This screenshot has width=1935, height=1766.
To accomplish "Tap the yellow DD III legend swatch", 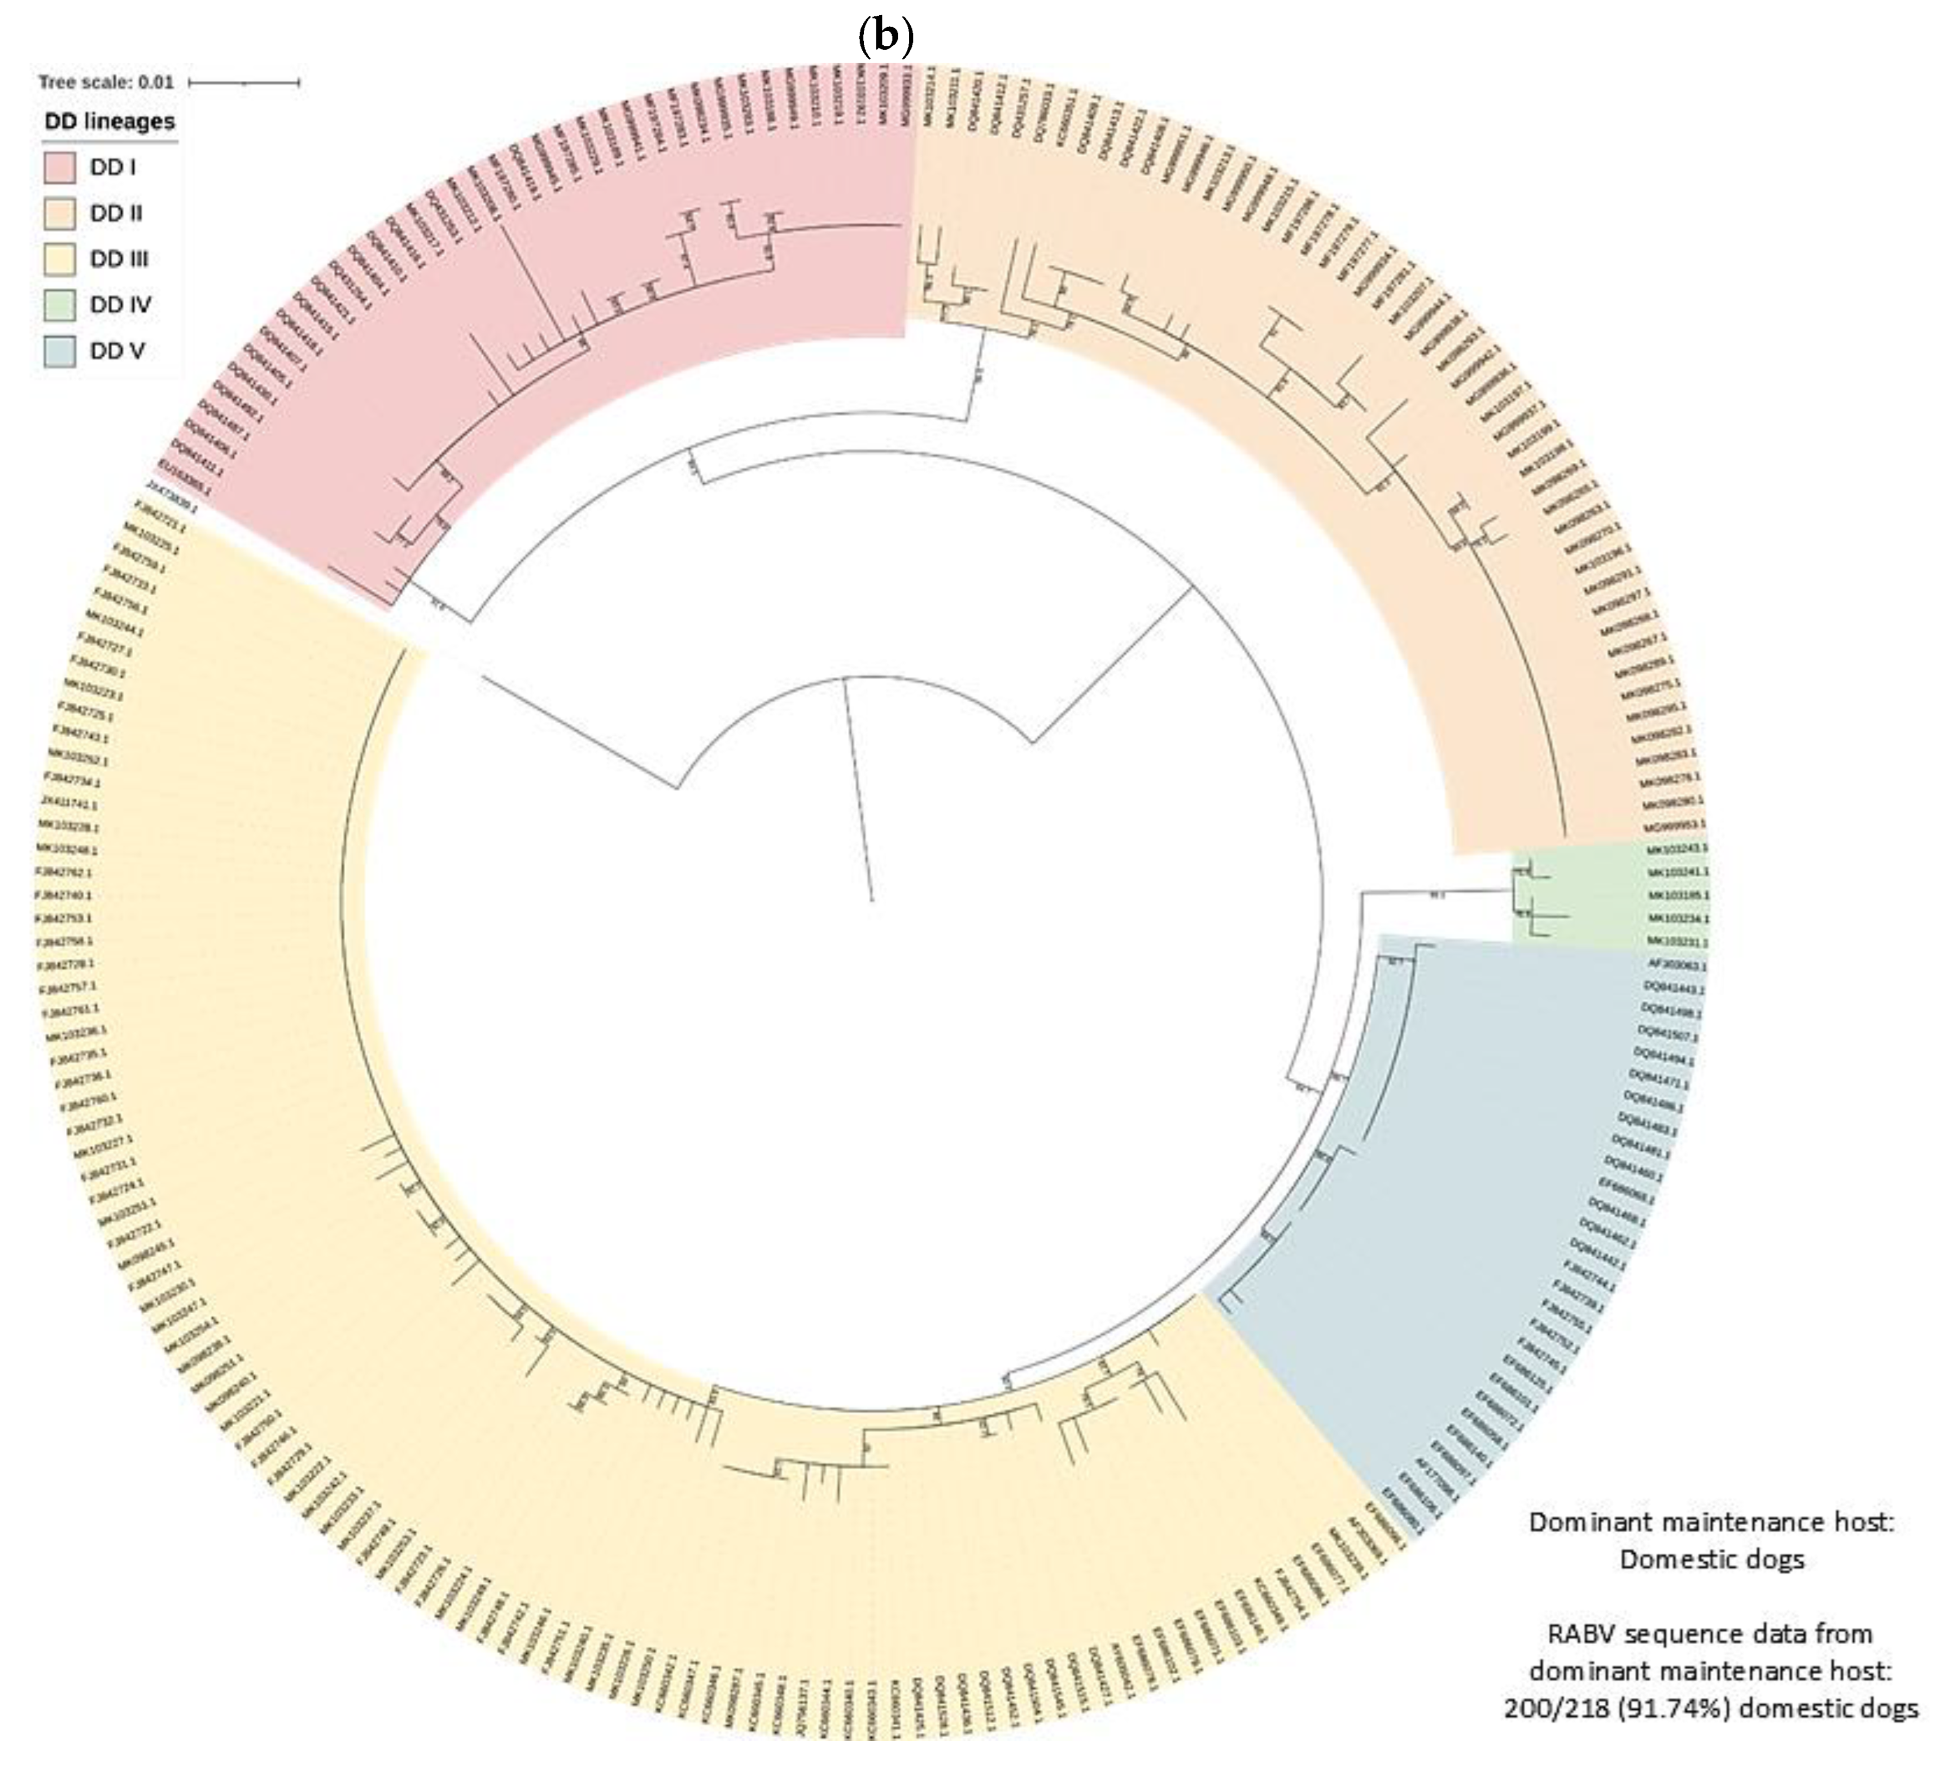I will pyautogui.click(x=59, y=259).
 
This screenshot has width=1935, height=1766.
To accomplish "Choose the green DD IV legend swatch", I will pyautogui.click(x=59, y=305).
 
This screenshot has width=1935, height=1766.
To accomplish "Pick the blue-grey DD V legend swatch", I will pyautogui.click(x=59, y=351).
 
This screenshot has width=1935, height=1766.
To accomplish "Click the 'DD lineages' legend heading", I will pyautogui.click(x=110, y=122).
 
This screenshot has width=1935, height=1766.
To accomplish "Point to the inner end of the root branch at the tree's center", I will pyautogui.click(x=872, y=901).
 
